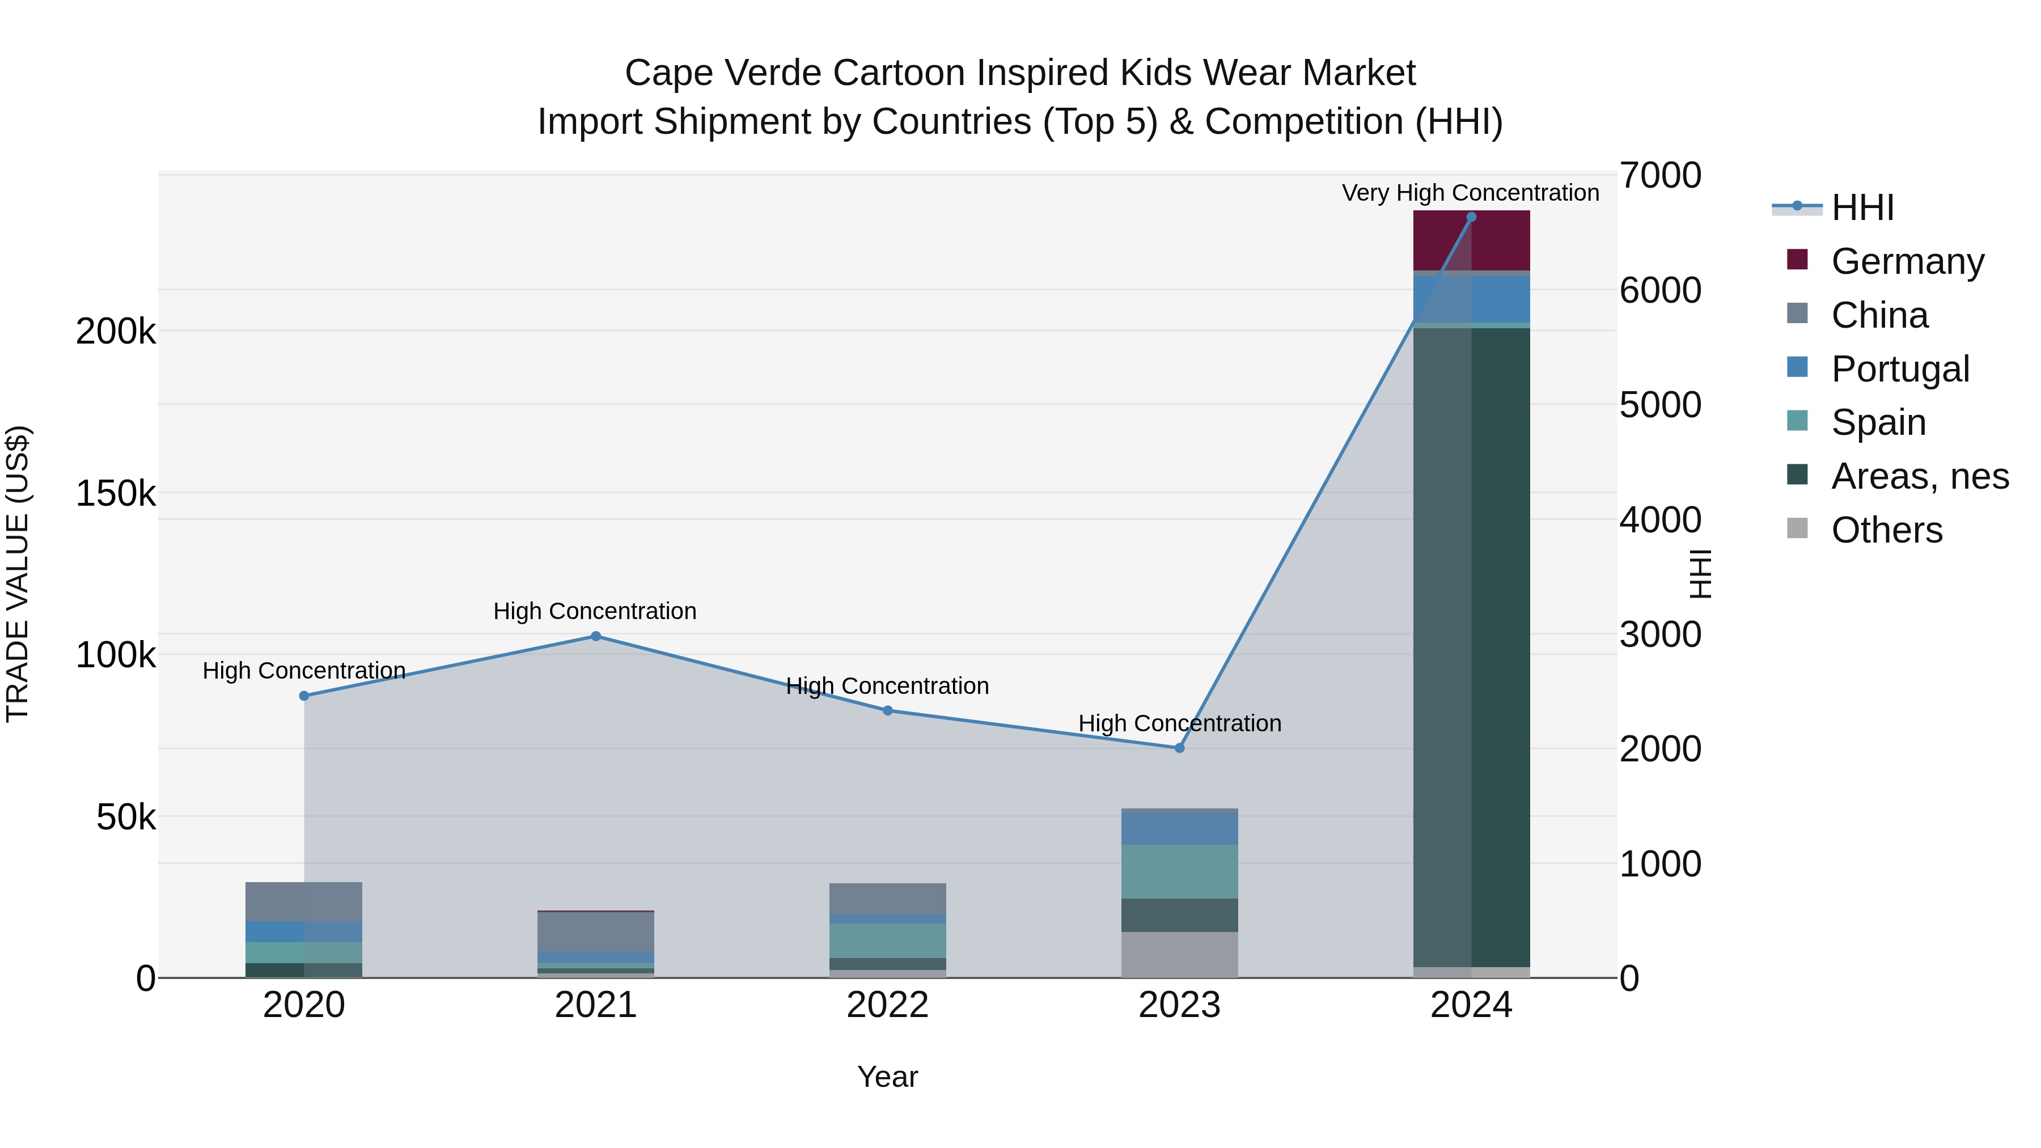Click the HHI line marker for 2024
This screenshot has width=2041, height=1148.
pos(1471,217)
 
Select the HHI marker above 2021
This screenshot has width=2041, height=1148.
pos(596,636)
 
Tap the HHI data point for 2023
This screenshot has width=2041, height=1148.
pos(1179,748)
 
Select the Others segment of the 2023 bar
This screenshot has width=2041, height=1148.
pos(1179,955)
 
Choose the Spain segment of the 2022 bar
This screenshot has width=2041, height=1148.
pos(887,941)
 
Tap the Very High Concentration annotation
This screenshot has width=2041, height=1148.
pos(1471,193)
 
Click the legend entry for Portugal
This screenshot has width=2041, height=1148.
pos(1900,369)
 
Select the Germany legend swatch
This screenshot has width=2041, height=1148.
pos(1798,260)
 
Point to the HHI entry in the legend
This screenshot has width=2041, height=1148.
pos(1862,207)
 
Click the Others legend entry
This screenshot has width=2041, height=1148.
pos(1886,530)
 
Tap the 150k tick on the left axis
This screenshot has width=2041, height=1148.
pos(116,494)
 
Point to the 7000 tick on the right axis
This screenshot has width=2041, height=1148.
pos(1660,176)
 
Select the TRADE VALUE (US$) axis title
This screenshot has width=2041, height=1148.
pos(18,574)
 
